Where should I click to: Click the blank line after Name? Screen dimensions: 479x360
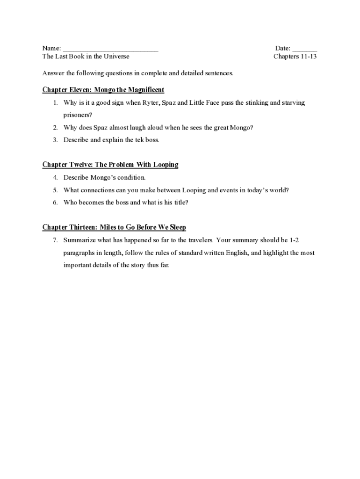(110, 49)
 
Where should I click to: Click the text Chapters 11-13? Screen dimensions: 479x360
(295, 57)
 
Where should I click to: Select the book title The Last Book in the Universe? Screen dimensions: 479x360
(86, 57)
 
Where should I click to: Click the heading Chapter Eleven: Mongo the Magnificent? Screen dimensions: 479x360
(103, 90)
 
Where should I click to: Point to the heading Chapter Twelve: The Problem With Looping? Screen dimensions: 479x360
(110, 165)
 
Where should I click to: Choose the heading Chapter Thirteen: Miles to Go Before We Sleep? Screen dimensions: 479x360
(114, 227)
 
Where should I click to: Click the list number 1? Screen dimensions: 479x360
(55, 102)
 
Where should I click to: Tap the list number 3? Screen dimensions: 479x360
(55, 140)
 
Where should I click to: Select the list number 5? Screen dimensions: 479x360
(55, 190)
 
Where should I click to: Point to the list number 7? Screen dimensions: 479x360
(55, 240)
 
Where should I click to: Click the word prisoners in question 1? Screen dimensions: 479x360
(78, 115)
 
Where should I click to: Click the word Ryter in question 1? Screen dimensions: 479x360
(151, 102)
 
